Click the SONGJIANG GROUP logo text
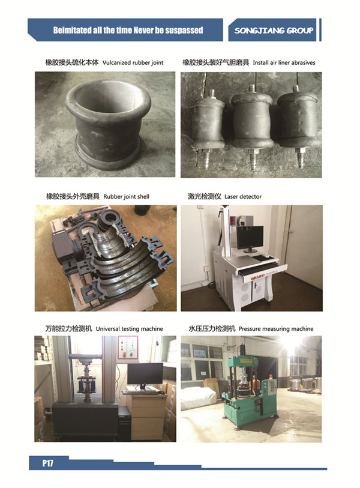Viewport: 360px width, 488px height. tap(274, 30)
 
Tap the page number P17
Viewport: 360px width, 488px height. tap(47, 463)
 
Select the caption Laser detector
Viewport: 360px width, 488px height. tap(242, 196)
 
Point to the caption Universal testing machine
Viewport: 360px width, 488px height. tap(130, 329)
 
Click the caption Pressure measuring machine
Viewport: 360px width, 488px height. tap(275, 329)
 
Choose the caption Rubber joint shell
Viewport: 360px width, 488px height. tap(126, 196)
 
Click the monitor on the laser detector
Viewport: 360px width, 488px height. tap(250, 238)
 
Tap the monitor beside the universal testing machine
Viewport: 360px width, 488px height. tap(145, 374)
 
